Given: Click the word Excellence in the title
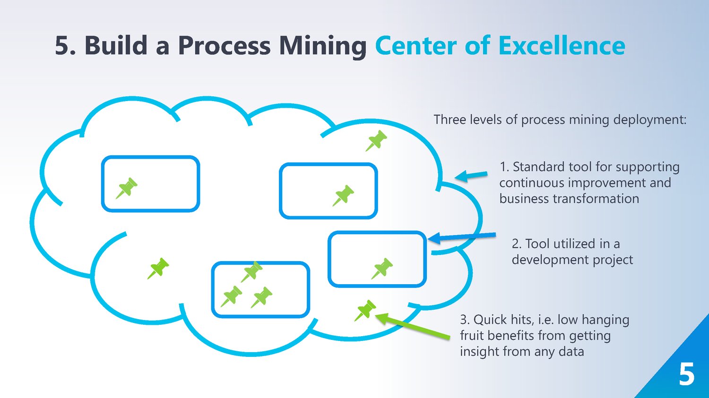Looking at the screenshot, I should click(562, 46).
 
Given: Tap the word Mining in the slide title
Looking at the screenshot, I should click(322, 47).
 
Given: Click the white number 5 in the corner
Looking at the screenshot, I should click(686, 375).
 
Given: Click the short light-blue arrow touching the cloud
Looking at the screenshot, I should click(471, 176).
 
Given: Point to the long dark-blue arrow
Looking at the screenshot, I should click(462, 237).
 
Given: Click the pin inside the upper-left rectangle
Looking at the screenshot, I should click(127, 188).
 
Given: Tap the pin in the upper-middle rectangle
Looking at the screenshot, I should click(343, 195).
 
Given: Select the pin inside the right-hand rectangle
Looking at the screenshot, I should click(382, 268).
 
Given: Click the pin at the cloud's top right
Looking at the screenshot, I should click(376, 141).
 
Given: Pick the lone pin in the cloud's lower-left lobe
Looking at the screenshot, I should click(158, 268).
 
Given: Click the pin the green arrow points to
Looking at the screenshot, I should click(365, 310).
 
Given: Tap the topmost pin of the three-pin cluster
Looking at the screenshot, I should click(252, 271).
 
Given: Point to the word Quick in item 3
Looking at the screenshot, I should click(490, 320).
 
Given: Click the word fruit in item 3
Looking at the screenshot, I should click(471, 336).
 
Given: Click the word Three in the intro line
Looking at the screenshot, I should click(450, 119).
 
